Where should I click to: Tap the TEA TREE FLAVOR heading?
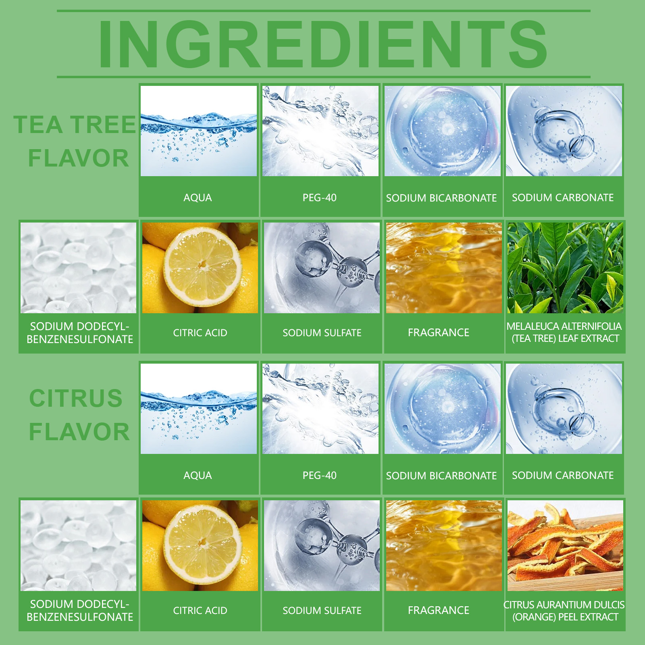coord(75,141)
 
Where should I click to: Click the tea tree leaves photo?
coord(565,268)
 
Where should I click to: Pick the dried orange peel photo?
coord(565,545)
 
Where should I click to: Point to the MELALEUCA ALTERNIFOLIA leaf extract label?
coord(564,332)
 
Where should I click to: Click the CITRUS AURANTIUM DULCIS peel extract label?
coord(564,611)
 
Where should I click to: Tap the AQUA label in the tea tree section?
coord(198,198)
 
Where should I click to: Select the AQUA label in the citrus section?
coord(198,475)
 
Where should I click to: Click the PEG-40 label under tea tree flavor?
coord(320,198)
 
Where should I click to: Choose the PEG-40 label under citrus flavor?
coord(320,475)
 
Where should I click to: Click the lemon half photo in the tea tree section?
coord(200,268)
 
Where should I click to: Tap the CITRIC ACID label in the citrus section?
coord(200,610)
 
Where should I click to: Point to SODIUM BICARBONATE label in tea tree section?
coord(441,198)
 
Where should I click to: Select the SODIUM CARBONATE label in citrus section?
coord(563,475)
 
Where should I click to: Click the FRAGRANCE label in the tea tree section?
coord(439,333)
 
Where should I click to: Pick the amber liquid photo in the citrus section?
coord(444,545)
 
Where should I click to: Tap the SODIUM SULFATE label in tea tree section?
coord(322,333)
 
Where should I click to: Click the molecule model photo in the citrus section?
coord(322,545)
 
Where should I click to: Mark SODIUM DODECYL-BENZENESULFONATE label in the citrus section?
coord(80,610)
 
